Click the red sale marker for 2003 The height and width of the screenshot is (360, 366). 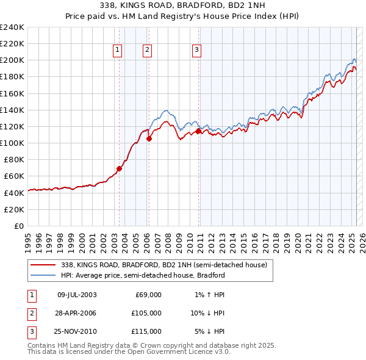[x=119, y=169]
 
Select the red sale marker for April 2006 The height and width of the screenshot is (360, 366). [x=149, y=139]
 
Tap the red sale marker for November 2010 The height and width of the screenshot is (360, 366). [x=199, y=131]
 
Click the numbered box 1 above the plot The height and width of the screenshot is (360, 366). [x=117, y=51]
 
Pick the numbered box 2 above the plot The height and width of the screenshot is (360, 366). [x=148, y=51]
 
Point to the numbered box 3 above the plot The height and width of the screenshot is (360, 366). [x=197, y=51]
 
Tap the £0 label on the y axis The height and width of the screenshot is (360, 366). [x=20, y=226]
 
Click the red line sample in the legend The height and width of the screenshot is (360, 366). [x=43, y=265]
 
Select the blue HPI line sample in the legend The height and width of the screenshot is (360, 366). [x=43, y=275]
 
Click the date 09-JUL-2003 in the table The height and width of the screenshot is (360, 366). [x=77, y=295]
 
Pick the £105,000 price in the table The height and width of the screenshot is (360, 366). [x=146, y=313]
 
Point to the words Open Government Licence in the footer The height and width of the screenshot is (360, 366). [x=176, y=353]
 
